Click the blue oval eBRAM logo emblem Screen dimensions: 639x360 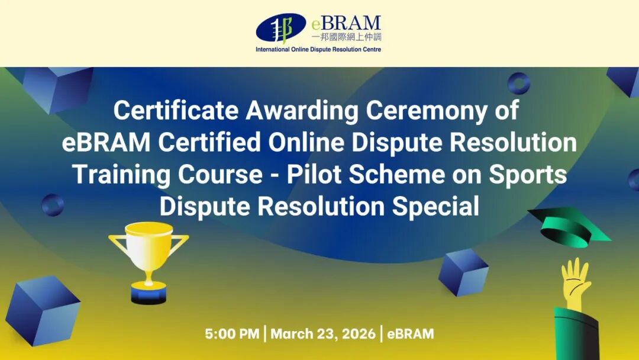click(281, 28)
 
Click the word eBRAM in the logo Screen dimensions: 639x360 click(346, 23)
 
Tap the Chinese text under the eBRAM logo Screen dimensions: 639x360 click(346, 37)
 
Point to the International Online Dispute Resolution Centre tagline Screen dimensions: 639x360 click(318, 49)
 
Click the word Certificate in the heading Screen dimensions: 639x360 click(176, 110)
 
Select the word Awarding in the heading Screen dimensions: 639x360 click(302, 111)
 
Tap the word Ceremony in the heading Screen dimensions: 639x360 click(426, 111)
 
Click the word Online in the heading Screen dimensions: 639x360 click(306, 142)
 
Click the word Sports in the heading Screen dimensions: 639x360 click(528, 175)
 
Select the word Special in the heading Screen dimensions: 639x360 click(435, 207)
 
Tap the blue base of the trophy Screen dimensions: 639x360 click(149, 294)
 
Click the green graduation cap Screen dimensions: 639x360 click(569, 227)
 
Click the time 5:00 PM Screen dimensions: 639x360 click(232, 334)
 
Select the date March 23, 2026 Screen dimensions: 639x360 click(323, 334)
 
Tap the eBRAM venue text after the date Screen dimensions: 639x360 click(411, 334)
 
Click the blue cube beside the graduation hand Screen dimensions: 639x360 click(463, 272)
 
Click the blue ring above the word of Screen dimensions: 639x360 click(519, 83)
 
